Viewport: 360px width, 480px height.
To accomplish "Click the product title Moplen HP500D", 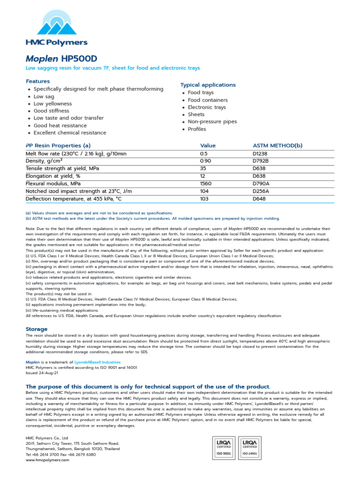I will click(x=61, y=59).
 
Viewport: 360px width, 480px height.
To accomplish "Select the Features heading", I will click(x=37, y=81).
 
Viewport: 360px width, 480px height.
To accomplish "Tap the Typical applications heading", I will click(x=208, y=85).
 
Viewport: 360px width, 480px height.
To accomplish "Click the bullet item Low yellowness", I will click(x=52, y=104).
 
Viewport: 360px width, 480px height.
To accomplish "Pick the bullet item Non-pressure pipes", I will click(x=212, y=121).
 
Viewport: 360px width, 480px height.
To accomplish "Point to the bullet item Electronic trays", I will click(x=207, y=107).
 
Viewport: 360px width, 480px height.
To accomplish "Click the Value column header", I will click(x=208, y=145).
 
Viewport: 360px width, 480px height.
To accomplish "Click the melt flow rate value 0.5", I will click(x=203, y=154).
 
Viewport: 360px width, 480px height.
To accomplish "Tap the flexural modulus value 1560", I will click(x=205, y=184).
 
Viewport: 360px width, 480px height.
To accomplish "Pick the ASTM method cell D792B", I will click(x=261, y=161).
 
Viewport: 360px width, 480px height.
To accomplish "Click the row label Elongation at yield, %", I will click(x=53, y=176).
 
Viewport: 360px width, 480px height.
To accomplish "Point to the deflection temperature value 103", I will click(x=204, y=199).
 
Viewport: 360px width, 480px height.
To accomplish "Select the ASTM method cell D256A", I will click(x=261, y=191).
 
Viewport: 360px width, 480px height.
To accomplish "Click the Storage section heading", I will click(x=37, y=329).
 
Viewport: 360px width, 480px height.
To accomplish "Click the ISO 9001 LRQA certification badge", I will click(x=224, y=448).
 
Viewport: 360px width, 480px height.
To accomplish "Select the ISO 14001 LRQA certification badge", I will click(x=250, y=448).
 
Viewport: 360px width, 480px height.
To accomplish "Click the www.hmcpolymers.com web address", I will click(x=47, y=460).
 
